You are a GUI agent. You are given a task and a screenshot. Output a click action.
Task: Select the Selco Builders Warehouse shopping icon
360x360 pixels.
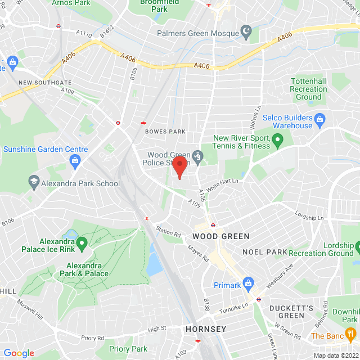[320, 119]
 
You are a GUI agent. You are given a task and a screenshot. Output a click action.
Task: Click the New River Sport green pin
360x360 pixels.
[277, 138]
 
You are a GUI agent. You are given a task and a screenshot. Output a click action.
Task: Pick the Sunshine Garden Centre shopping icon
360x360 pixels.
[74, 161]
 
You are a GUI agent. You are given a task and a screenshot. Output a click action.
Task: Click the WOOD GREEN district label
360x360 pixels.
[220, 236]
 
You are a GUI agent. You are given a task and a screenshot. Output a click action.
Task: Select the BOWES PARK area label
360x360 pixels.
[165, 132]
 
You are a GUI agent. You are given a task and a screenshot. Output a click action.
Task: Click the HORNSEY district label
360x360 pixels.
[206, 329]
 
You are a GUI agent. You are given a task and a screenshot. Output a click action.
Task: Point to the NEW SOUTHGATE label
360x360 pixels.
[43, 83]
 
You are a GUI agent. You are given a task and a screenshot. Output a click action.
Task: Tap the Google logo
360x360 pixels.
[19, 353]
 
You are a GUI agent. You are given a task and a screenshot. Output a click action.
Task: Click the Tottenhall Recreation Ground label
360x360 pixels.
[308, 89]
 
